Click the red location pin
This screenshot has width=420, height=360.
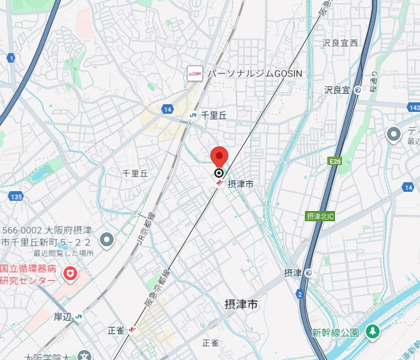(219, 155)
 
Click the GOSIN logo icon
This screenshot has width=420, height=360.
(194, 74)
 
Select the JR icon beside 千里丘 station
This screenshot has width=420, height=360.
(192, 115)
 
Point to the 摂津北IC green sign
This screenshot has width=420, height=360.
(320, 216)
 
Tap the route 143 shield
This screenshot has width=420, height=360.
(414, 108)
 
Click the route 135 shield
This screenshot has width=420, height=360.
(16, 196)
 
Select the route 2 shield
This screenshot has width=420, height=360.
(299, 293)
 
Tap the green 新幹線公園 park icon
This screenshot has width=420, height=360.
(373, 333)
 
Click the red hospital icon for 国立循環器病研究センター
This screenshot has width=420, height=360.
(70, 274)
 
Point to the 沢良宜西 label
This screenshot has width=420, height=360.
(341, 43)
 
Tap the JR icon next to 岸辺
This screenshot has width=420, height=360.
(78, 316)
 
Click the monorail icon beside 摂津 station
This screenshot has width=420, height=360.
(309, 273)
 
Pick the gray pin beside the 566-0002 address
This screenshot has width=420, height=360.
(107, 240)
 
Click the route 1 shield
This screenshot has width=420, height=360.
(11, 58)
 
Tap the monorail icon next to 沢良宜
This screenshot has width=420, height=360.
(358, 90)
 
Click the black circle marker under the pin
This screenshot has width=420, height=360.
(219, 173)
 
